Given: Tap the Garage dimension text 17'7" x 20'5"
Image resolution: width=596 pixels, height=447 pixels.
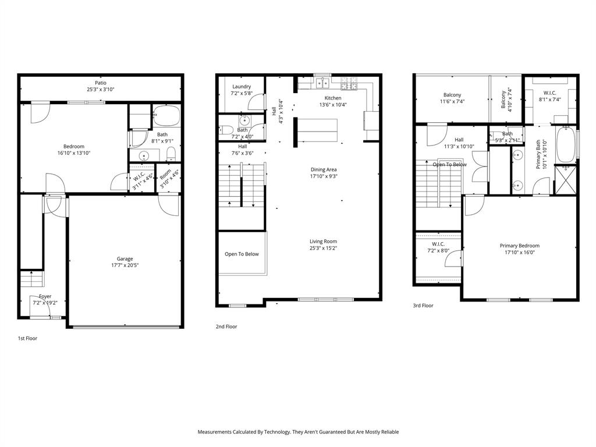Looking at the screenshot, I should tap(125, 265).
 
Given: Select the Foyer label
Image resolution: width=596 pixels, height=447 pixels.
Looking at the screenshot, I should tap(45, 296).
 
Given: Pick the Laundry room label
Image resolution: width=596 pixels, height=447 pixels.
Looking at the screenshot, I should tap(242, 87).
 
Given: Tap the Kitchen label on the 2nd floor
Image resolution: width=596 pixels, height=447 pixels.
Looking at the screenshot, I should tap(333, 98).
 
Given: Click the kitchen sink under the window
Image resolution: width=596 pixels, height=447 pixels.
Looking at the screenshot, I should tap(322, 85).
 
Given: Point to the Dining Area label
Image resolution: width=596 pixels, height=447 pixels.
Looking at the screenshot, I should tap(324, 169).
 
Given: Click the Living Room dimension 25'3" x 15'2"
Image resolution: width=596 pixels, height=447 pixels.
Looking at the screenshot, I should tap(323, 248).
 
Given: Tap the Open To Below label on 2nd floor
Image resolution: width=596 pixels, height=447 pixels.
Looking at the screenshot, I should tap(242, 254).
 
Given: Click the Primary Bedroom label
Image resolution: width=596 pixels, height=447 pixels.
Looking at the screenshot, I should tap(519, 246).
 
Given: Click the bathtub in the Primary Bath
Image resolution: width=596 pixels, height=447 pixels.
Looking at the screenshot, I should tap(566, 144).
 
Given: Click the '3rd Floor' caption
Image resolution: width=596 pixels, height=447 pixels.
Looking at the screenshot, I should tap(424, 305).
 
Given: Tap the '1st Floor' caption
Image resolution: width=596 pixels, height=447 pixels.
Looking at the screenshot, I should tap(27, 338).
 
